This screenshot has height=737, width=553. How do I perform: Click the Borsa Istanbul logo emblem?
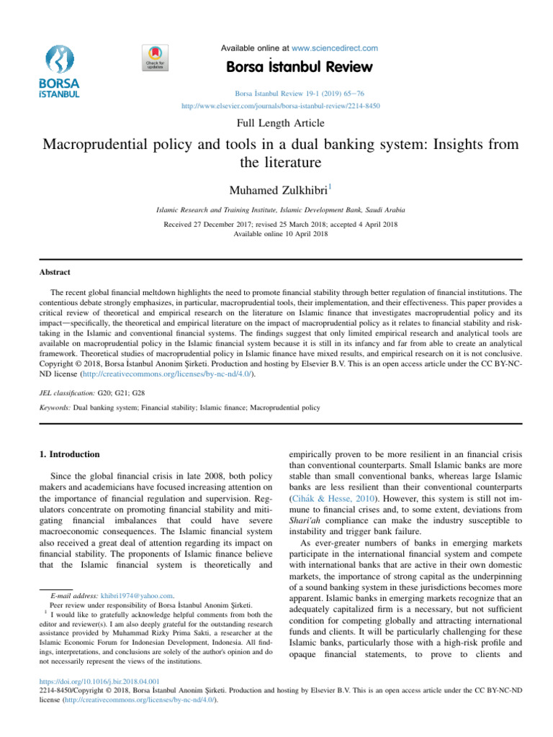(60, 58)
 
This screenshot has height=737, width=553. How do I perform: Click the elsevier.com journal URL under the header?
(281, 106)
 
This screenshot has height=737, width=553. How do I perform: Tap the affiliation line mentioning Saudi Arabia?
(280, 210)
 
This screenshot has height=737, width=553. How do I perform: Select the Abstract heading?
(55, 273)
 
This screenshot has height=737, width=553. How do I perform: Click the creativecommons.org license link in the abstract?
(170, 375)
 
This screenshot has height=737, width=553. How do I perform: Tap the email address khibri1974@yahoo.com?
(148, 596)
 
